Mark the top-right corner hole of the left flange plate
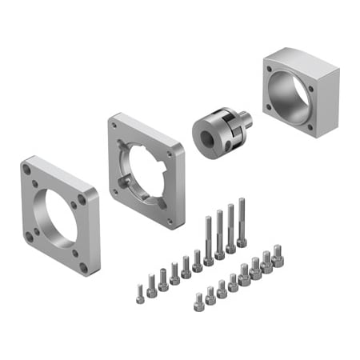tap(81, 194)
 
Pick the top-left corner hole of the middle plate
tap(117, 127)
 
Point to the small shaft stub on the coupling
tap(246, 121)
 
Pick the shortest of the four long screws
tap(208, 238)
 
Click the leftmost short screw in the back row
tap(139, 289)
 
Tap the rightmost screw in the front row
tap(277, 255)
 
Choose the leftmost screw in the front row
tap(198, 302)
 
